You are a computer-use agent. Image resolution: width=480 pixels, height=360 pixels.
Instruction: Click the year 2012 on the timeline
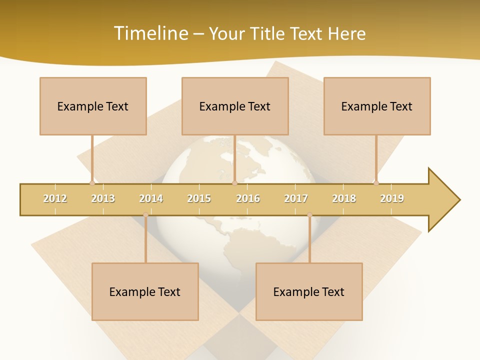pos(55,198)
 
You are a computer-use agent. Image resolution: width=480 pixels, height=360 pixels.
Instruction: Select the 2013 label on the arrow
pos(103,198)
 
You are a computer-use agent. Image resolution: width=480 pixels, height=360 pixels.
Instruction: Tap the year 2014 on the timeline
pos(151,198)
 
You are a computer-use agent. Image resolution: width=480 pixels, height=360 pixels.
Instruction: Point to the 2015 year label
pos(199,198)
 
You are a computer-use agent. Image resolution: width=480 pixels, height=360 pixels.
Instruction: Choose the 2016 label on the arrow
pos(248,198)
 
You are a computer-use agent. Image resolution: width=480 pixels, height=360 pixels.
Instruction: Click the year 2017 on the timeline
pos(296,198)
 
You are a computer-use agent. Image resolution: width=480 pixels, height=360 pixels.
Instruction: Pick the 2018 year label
pos(344,198)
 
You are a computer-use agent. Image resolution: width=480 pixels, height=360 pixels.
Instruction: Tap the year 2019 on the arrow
pos(392,198)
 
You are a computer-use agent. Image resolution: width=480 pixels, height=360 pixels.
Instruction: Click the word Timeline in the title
pos(150,33)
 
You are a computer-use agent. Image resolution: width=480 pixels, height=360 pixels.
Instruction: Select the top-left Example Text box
pos(93,106)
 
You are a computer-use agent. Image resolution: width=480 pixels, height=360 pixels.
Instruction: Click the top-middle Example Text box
pos(235,106)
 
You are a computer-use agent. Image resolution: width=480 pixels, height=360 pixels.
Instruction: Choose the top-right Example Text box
pos(377,106)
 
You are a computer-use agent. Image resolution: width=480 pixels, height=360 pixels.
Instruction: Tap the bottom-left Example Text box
pos(145,291)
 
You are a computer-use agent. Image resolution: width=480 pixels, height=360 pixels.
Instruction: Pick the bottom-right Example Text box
pos(309,291)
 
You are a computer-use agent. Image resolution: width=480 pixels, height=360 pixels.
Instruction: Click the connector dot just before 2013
pos(92,183)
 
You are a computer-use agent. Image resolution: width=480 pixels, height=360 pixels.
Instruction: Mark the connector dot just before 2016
pos(234,183)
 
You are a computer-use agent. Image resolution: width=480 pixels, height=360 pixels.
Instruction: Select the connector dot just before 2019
pos(376,183)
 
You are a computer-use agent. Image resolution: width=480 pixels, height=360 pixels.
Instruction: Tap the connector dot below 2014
pos(145,215)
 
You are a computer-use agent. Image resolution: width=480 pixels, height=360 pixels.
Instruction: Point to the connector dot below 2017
pos(309,215)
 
